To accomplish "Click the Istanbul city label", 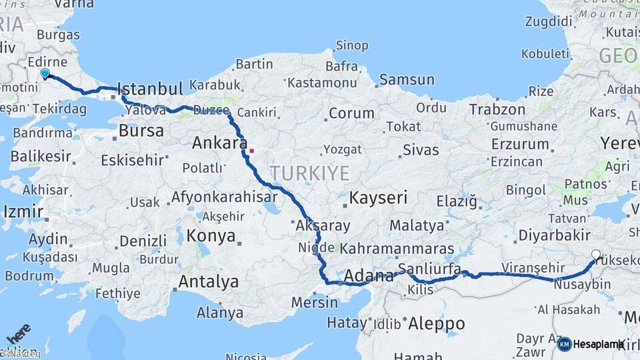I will click(x=150, y=89).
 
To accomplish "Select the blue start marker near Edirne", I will click(x=45, y=73).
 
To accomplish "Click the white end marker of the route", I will click(x=595, y=254).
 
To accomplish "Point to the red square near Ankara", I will click(x=251, y=151).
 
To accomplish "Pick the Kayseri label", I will click(x=379, y=197).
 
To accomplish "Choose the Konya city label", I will click(x=211, y=236).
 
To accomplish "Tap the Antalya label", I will click(x=208, y=282).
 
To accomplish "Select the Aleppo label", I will click(x=437, y=323).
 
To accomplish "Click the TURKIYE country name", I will click(x=309, y=173).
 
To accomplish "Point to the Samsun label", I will click(x=407, y=80).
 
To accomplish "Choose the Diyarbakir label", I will click(x=554, y=235).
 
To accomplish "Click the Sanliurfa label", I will click(x=429, y=269).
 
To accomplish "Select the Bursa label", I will click(x=141, y=131).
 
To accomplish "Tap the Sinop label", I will click(x=351, y=45).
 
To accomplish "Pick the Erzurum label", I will click(x=520, y=143).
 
